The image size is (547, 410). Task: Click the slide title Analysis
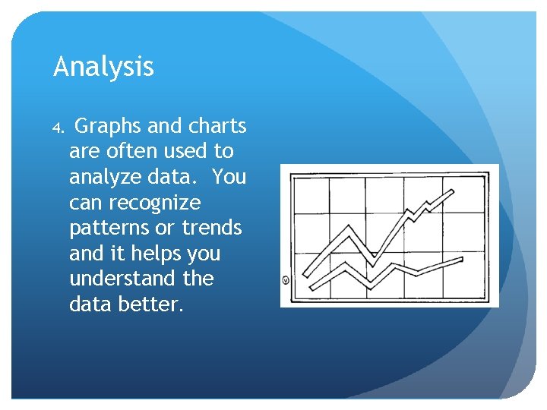(103, 68)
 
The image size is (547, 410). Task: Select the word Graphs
(112, 126)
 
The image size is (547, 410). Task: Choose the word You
(229, 177)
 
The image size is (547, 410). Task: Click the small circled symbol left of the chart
(286, 280)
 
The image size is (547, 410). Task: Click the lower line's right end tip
(462, 259)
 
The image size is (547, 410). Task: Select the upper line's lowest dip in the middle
(373, 262)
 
